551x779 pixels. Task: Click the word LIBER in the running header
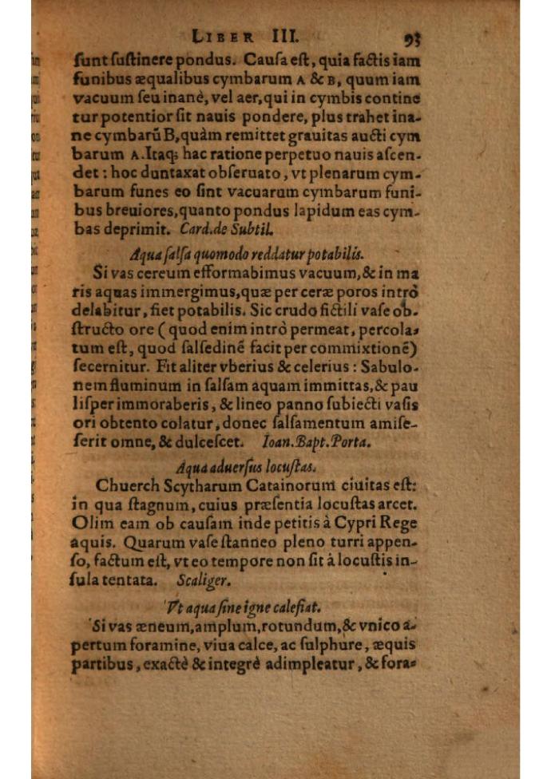coord(224,37)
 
